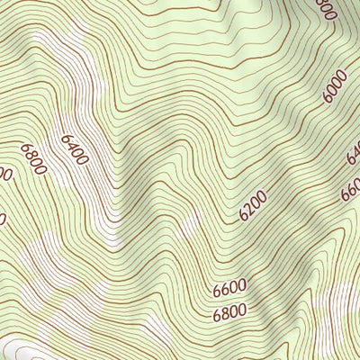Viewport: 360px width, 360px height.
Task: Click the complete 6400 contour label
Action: pos(76,148)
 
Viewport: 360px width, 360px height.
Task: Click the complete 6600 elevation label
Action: pos(229,290)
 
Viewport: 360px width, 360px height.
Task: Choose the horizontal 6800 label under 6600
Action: pos(229,313)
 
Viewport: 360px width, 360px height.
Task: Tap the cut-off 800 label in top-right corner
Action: pos(326,9)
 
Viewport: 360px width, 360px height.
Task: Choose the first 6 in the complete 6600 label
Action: pos(218,292)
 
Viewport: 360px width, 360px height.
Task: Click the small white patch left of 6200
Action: pos(191,225)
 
